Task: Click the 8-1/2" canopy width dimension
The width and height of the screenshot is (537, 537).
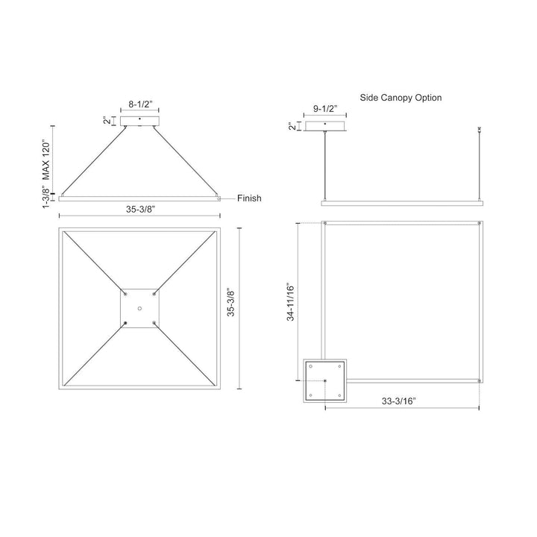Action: pyautogui.click(x=139, y=104)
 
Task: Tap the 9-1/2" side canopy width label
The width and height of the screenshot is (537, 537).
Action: pyautogui.click(x=325, y=109)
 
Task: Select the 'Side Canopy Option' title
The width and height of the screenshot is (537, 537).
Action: pyautogui.click(x=401, y=98)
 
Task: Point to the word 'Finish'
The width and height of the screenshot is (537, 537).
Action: pyautogui.click(x=249, y=198)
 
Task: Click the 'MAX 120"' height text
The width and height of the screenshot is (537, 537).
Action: pyautogui.click(x=45, y=160)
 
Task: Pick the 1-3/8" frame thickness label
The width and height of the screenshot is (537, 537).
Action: pyautogui.click(x=45, y=196)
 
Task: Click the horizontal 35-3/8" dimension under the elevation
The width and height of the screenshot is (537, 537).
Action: pyautogui.click(x=140, y=209)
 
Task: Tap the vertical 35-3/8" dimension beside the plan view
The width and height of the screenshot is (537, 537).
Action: pyautogui.click(x=230, y=303)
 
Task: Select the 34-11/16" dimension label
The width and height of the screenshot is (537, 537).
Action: pyautogui.click(x=290, y=302)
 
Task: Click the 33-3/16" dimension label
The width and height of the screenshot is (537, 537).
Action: pyautogui.click(x=398, y=401)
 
